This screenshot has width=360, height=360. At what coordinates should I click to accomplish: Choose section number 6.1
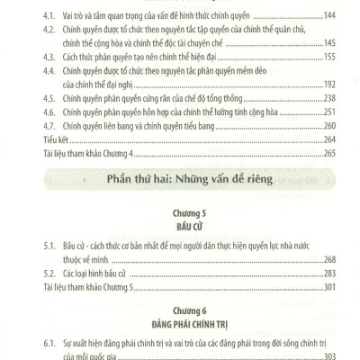[48, 344]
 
